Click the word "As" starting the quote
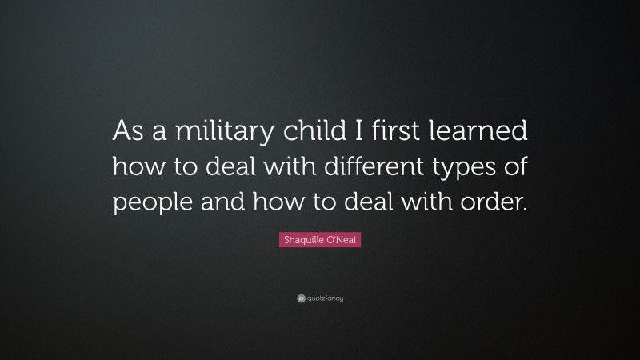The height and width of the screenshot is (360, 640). [131, 130]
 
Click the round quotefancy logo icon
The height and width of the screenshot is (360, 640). [300, 298]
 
